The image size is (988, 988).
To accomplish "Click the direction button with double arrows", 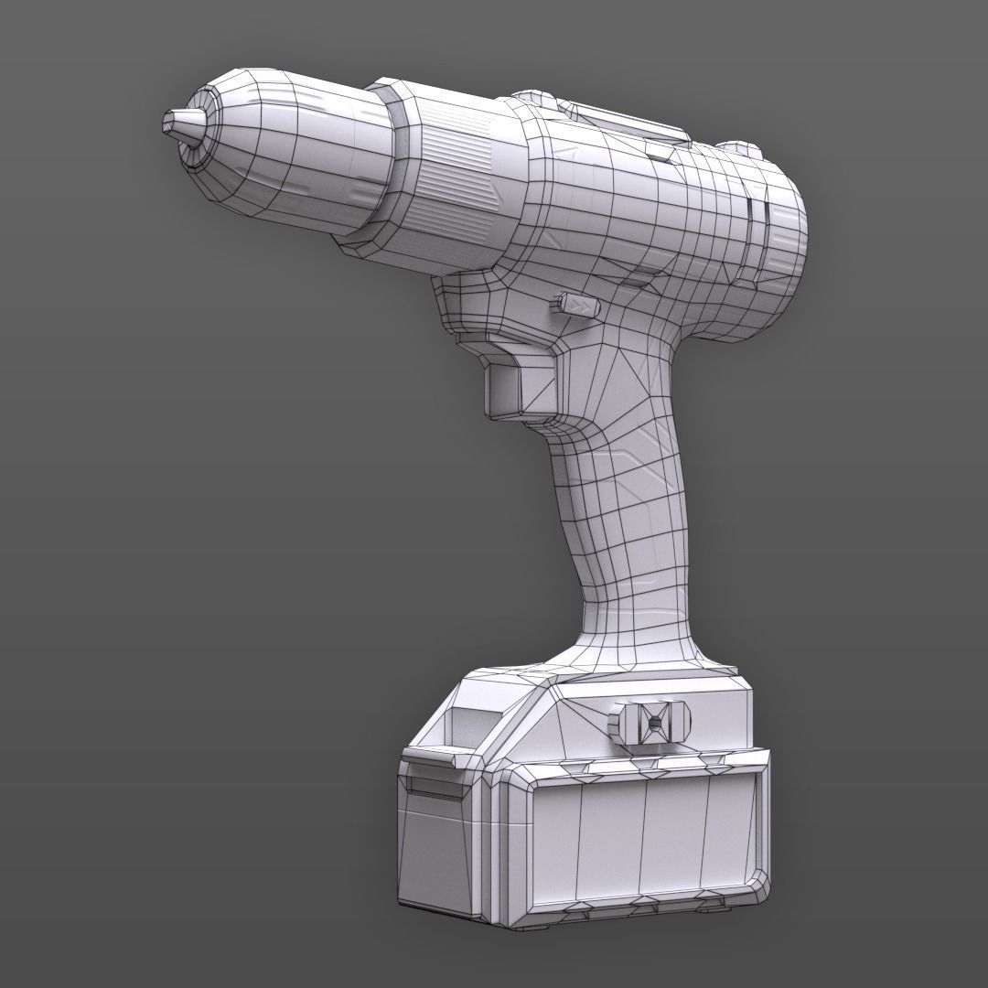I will (575, 304).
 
